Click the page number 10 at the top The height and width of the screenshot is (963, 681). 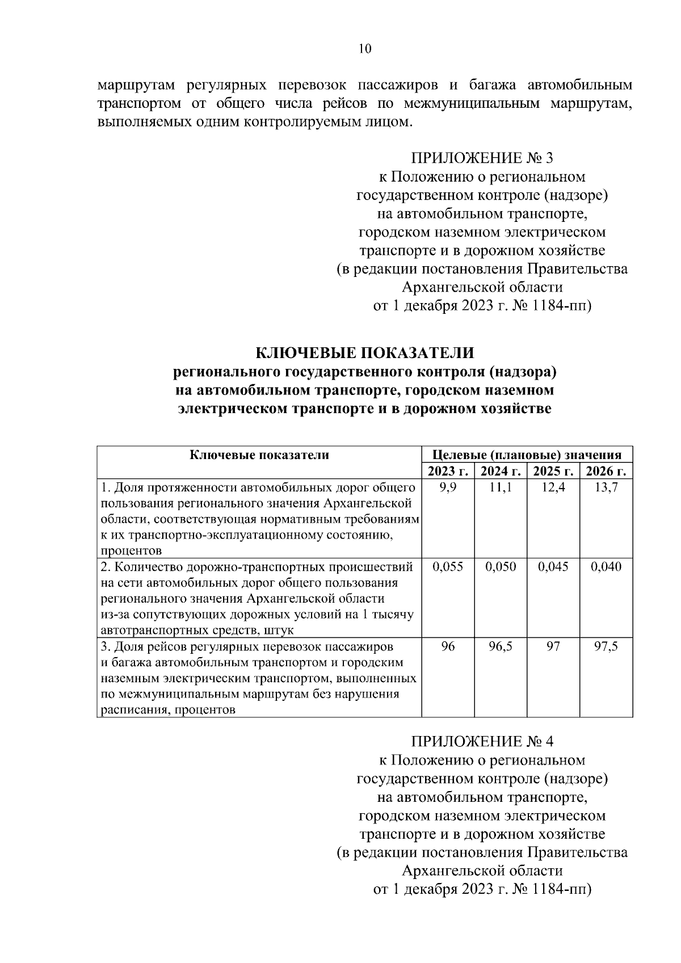coord(364,49)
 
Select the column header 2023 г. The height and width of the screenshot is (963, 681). coord(448,471)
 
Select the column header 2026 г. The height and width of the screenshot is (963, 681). coord(606,471)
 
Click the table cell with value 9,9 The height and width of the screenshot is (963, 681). coord(448,487)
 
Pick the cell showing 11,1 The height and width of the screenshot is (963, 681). coord(501,487)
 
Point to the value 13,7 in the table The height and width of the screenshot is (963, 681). coord(606,487)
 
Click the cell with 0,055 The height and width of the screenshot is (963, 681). coord(448,567)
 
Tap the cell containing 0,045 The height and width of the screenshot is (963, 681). coord(553,567)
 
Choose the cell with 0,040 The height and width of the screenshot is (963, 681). coord(606,567)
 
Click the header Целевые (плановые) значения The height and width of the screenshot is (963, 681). coord(527,455)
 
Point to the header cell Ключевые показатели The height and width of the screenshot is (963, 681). coord(259,455)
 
